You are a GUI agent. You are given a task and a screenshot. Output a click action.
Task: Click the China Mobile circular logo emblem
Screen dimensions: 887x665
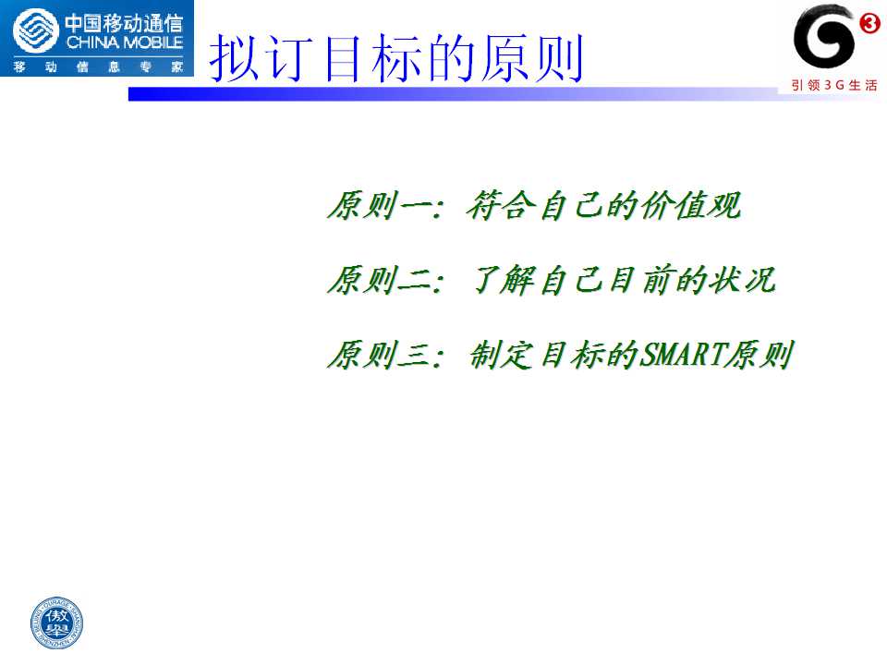(x=36, y=31)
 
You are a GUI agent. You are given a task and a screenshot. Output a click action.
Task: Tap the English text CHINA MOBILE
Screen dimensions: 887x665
(x=125, y=42)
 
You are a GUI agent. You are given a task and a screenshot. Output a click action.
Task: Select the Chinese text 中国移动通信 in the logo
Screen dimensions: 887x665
(x=125, y=23)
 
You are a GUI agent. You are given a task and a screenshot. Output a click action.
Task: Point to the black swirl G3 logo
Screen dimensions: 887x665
(x=823, y=36)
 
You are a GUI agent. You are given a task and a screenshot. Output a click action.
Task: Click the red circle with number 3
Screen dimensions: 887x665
(x=869, y=23)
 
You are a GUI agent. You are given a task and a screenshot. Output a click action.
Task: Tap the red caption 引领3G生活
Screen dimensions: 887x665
(x=833, y=85)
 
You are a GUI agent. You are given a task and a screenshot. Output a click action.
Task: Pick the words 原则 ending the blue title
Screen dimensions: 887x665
(x=532, y=57)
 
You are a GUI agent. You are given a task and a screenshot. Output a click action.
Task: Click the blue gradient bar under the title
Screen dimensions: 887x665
(x=453, y=94)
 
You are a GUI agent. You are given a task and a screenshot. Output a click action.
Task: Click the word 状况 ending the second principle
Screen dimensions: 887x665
(x=743, y=280)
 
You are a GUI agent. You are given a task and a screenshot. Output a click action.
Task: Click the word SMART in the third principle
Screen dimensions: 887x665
(x=683, y=355)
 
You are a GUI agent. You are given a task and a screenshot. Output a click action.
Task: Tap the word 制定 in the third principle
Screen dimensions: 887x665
(x=501, y=355)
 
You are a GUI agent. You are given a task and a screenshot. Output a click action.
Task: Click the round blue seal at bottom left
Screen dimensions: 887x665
(x=56, y=623)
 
